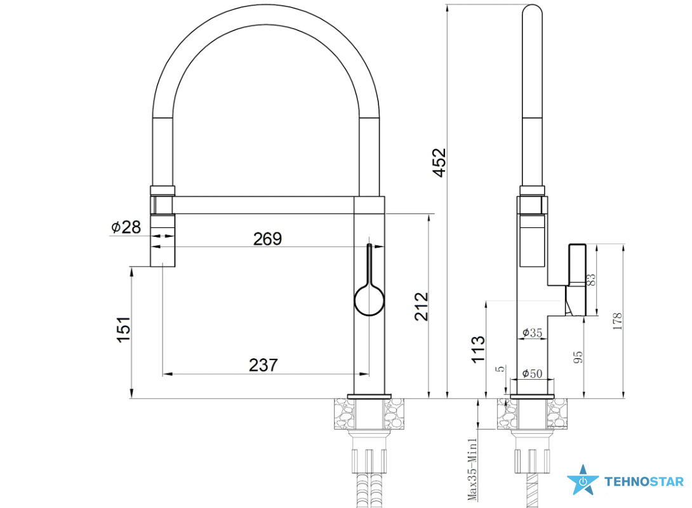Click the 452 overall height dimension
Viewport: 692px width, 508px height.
[439, 163]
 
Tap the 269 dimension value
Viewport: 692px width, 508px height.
[267, 239]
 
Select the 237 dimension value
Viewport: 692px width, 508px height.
[263, 365]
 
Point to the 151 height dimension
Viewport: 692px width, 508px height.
[124, 330]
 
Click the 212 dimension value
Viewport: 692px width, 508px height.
[422, 306]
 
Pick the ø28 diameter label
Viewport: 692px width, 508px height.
[126, 227]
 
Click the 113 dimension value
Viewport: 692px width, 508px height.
[478, 349]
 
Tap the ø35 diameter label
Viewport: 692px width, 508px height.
[532, 332]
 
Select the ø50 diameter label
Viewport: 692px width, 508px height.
[532, 373]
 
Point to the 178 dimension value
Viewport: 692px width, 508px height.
[617, 321]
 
